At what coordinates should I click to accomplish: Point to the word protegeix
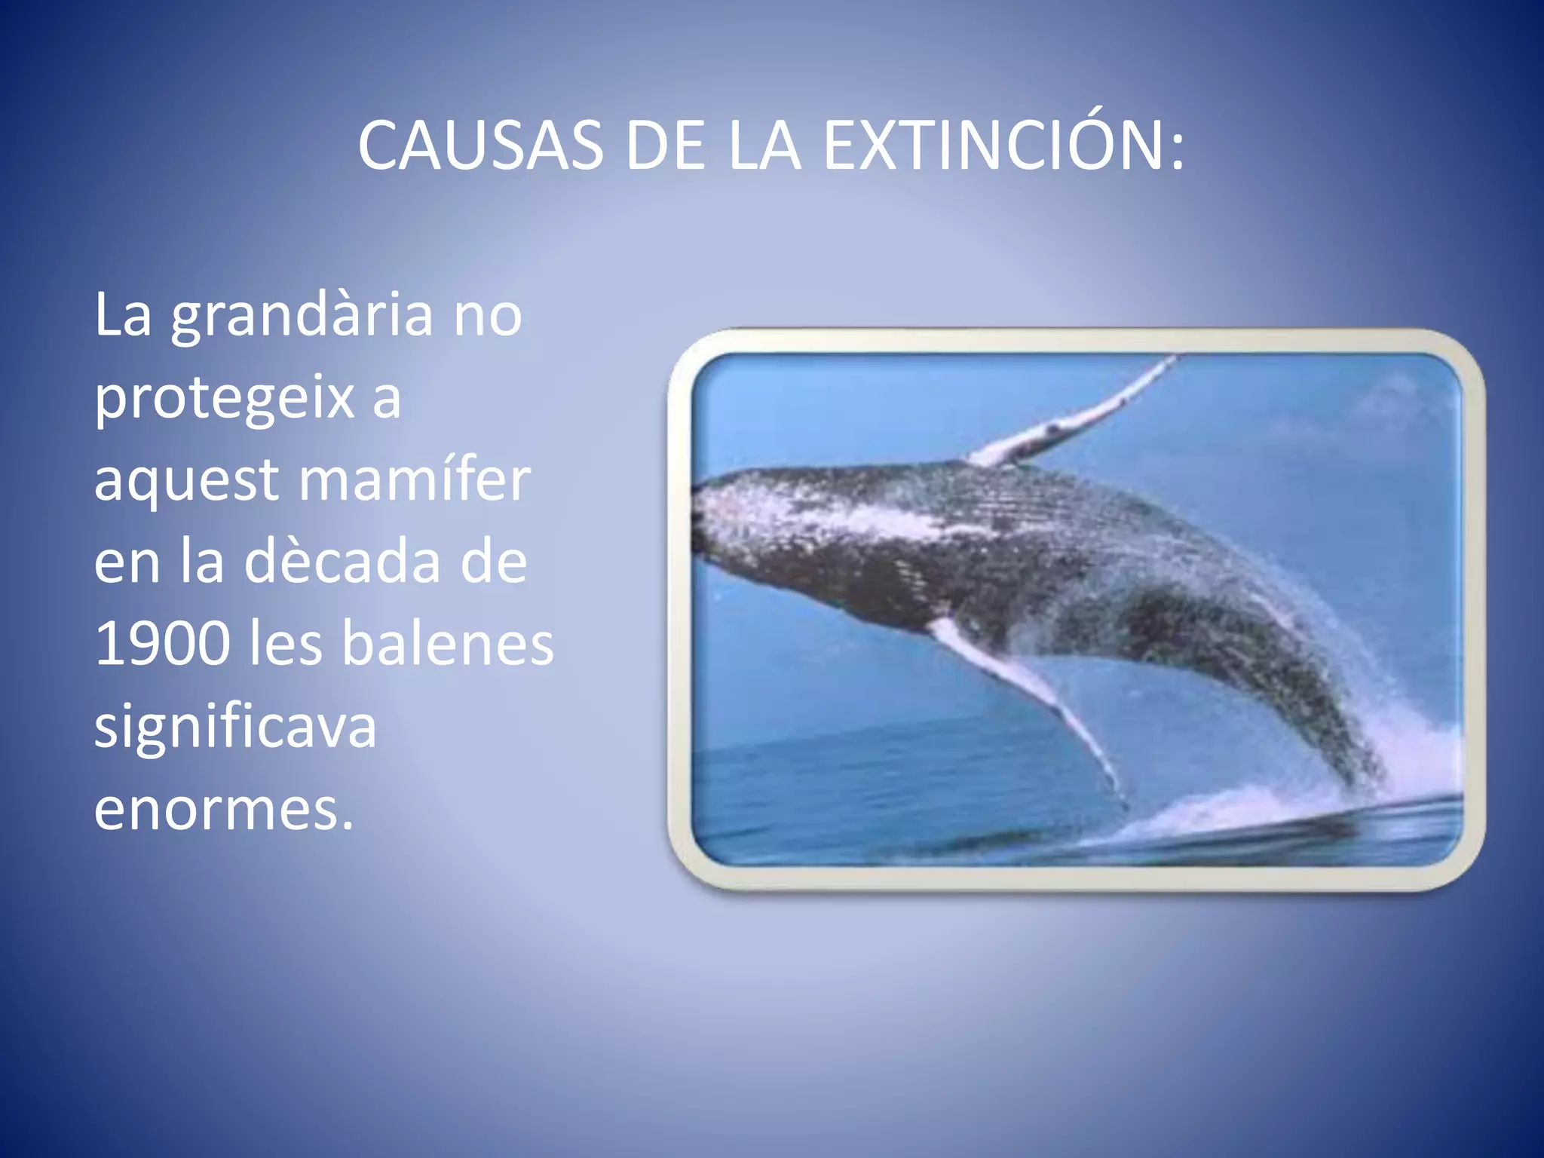pos(225,398)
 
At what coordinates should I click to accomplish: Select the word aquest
pos(186,481)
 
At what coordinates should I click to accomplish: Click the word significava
pos(235,727)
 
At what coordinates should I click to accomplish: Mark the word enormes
pos(224,809)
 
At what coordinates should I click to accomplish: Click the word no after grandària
pos(488,317)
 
